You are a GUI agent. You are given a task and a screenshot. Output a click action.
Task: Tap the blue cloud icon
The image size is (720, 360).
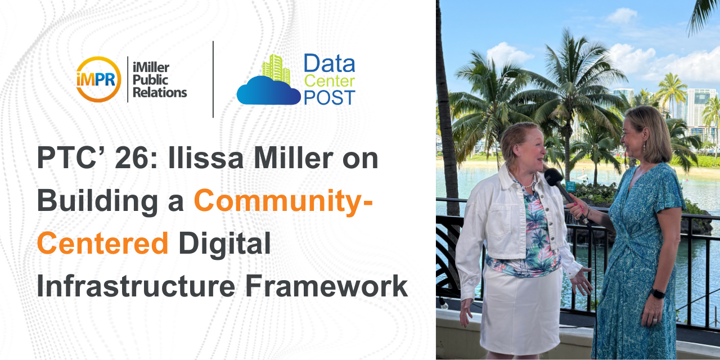click(268, 91)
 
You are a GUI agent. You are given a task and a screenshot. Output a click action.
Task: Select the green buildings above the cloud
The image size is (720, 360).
click(276, 69)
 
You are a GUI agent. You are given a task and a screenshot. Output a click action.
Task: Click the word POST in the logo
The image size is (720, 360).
click(330, 97)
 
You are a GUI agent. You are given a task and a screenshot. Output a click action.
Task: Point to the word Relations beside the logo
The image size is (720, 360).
click(160, 93)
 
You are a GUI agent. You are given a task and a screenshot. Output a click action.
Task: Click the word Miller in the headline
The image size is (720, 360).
click(293, 158)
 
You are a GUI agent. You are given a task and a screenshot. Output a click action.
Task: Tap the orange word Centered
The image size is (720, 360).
click(103, 243)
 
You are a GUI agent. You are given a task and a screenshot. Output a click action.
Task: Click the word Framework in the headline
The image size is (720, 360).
click(327, 286)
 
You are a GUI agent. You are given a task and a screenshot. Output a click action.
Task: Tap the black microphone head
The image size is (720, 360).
click(553, 177)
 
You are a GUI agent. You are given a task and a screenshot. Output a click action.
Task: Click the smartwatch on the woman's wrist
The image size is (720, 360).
click(658, 293)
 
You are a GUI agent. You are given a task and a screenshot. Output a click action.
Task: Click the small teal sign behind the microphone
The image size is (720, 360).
click(571, 187)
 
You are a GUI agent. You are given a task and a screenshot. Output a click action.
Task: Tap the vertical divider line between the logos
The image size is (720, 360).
click(213, 79)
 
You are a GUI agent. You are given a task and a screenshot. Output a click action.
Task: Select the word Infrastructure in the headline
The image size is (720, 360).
click(136, 286)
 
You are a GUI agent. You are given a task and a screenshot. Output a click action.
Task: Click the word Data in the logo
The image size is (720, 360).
click(330, 64)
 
